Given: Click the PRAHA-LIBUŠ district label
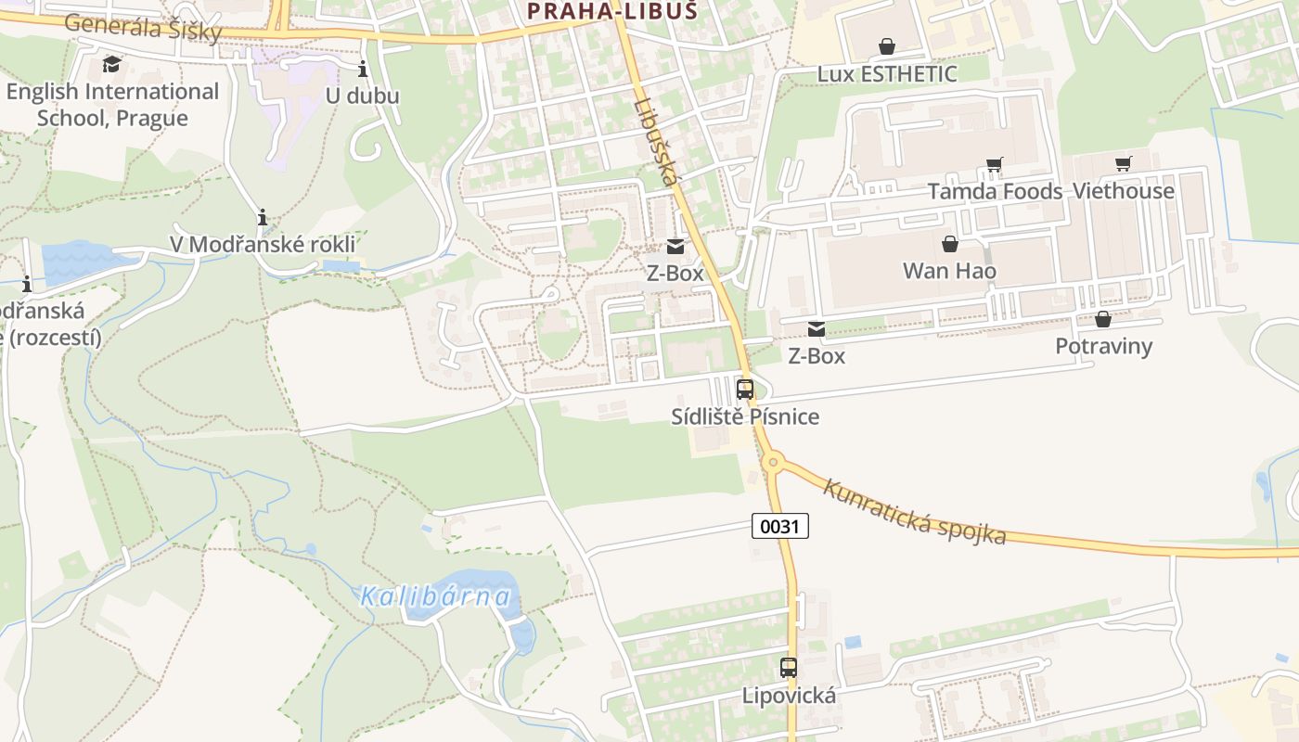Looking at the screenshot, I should tap(611, 11).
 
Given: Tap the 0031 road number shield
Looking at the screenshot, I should tap(779, 527).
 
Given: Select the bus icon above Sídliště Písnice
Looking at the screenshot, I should tap(745, 390).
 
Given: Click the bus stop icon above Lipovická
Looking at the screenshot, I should tap(789, 668).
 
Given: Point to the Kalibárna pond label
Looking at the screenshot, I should tap(436, 595).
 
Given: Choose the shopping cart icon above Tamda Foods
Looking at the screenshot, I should tap(995, 165).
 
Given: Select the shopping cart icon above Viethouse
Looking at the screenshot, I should tap(1124, 164).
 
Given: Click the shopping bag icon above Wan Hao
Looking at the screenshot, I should tap(950, 244).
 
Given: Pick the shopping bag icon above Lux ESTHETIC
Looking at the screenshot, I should tap(887, 46).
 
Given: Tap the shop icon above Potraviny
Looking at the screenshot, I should tap(1103, 320).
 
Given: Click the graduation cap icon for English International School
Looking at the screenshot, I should tap(112, 64).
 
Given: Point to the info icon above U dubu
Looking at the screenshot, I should tap(362, 69).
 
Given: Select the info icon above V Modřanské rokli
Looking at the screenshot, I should tap(263, 218).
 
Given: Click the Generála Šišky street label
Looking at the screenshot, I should tap(144, 27).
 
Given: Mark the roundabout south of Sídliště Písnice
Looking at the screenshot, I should tap(772, 461).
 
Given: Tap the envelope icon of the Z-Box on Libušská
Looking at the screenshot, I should tap(675, 247).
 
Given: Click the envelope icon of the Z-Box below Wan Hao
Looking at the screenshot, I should tap(817, 329).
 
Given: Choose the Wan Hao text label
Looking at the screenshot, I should tap(950, 271).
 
